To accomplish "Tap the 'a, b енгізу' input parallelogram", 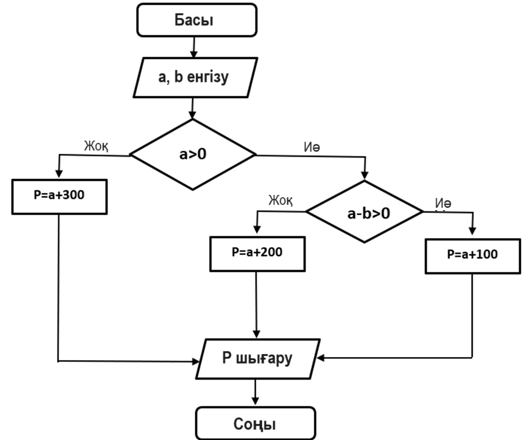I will click(x=193, y=78).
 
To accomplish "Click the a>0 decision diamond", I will click(x=193, y=154).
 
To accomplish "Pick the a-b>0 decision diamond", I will click(x=365, y=212).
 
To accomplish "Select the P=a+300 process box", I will click(x=58, y=195).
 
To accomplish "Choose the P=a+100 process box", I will click(x=472, y=254).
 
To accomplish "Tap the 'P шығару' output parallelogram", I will click(x=257, y=358).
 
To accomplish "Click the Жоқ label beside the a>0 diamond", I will click(x=96, y=146).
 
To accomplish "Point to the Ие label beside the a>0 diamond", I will click(x=312, y=147).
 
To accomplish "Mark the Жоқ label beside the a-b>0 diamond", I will click(x=281, y=200).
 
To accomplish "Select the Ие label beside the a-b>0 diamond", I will click(x=443, y=203).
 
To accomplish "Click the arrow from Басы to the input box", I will click(x=193, y=47).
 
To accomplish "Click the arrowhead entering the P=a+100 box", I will click(x=472, y=232).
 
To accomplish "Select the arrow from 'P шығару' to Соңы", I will click(x=256, y=393).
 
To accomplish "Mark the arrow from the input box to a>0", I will click(x=193, y=108).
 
